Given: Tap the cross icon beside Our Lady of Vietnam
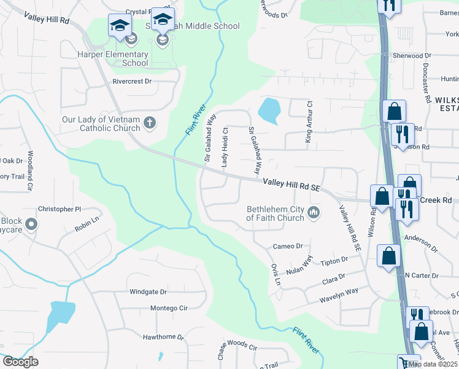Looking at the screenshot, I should click(x=149, y=124).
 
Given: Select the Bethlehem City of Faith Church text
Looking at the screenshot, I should click(x=276, y=213).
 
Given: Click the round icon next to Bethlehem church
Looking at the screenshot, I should click(x=314, y=213).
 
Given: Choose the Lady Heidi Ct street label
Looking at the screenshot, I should click(x=225, y=146).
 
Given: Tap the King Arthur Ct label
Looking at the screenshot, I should click(x=309, y=122).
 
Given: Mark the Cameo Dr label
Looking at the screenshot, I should click(x=287, y=246).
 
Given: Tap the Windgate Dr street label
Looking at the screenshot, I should click(x=148, y=292).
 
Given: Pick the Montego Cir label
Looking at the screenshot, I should click(x=168, y=307).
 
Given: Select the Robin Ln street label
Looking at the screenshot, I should click(x=87, y=224).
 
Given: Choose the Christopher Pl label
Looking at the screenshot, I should click(x=60, y=209).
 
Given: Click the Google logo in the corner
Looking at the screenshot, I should click(x=20, y=362).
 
